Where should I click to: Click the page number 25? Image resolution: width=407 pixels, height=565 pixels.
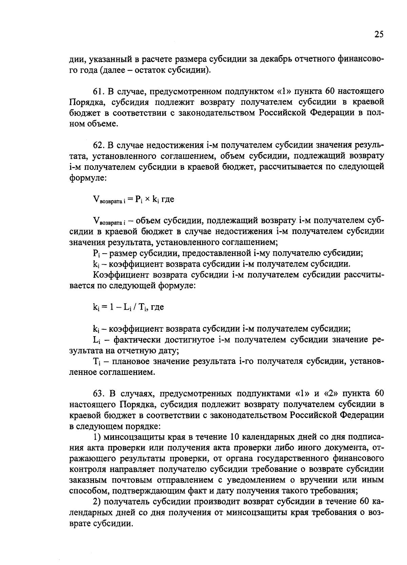(x=379, y=34)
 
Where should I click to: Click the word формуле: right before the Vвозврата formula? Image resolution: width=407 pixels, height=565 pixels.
(x=88, y=178)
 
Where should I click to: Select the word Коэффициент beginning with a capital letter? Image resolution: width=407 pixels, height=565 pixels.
(x=121, y=275)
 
